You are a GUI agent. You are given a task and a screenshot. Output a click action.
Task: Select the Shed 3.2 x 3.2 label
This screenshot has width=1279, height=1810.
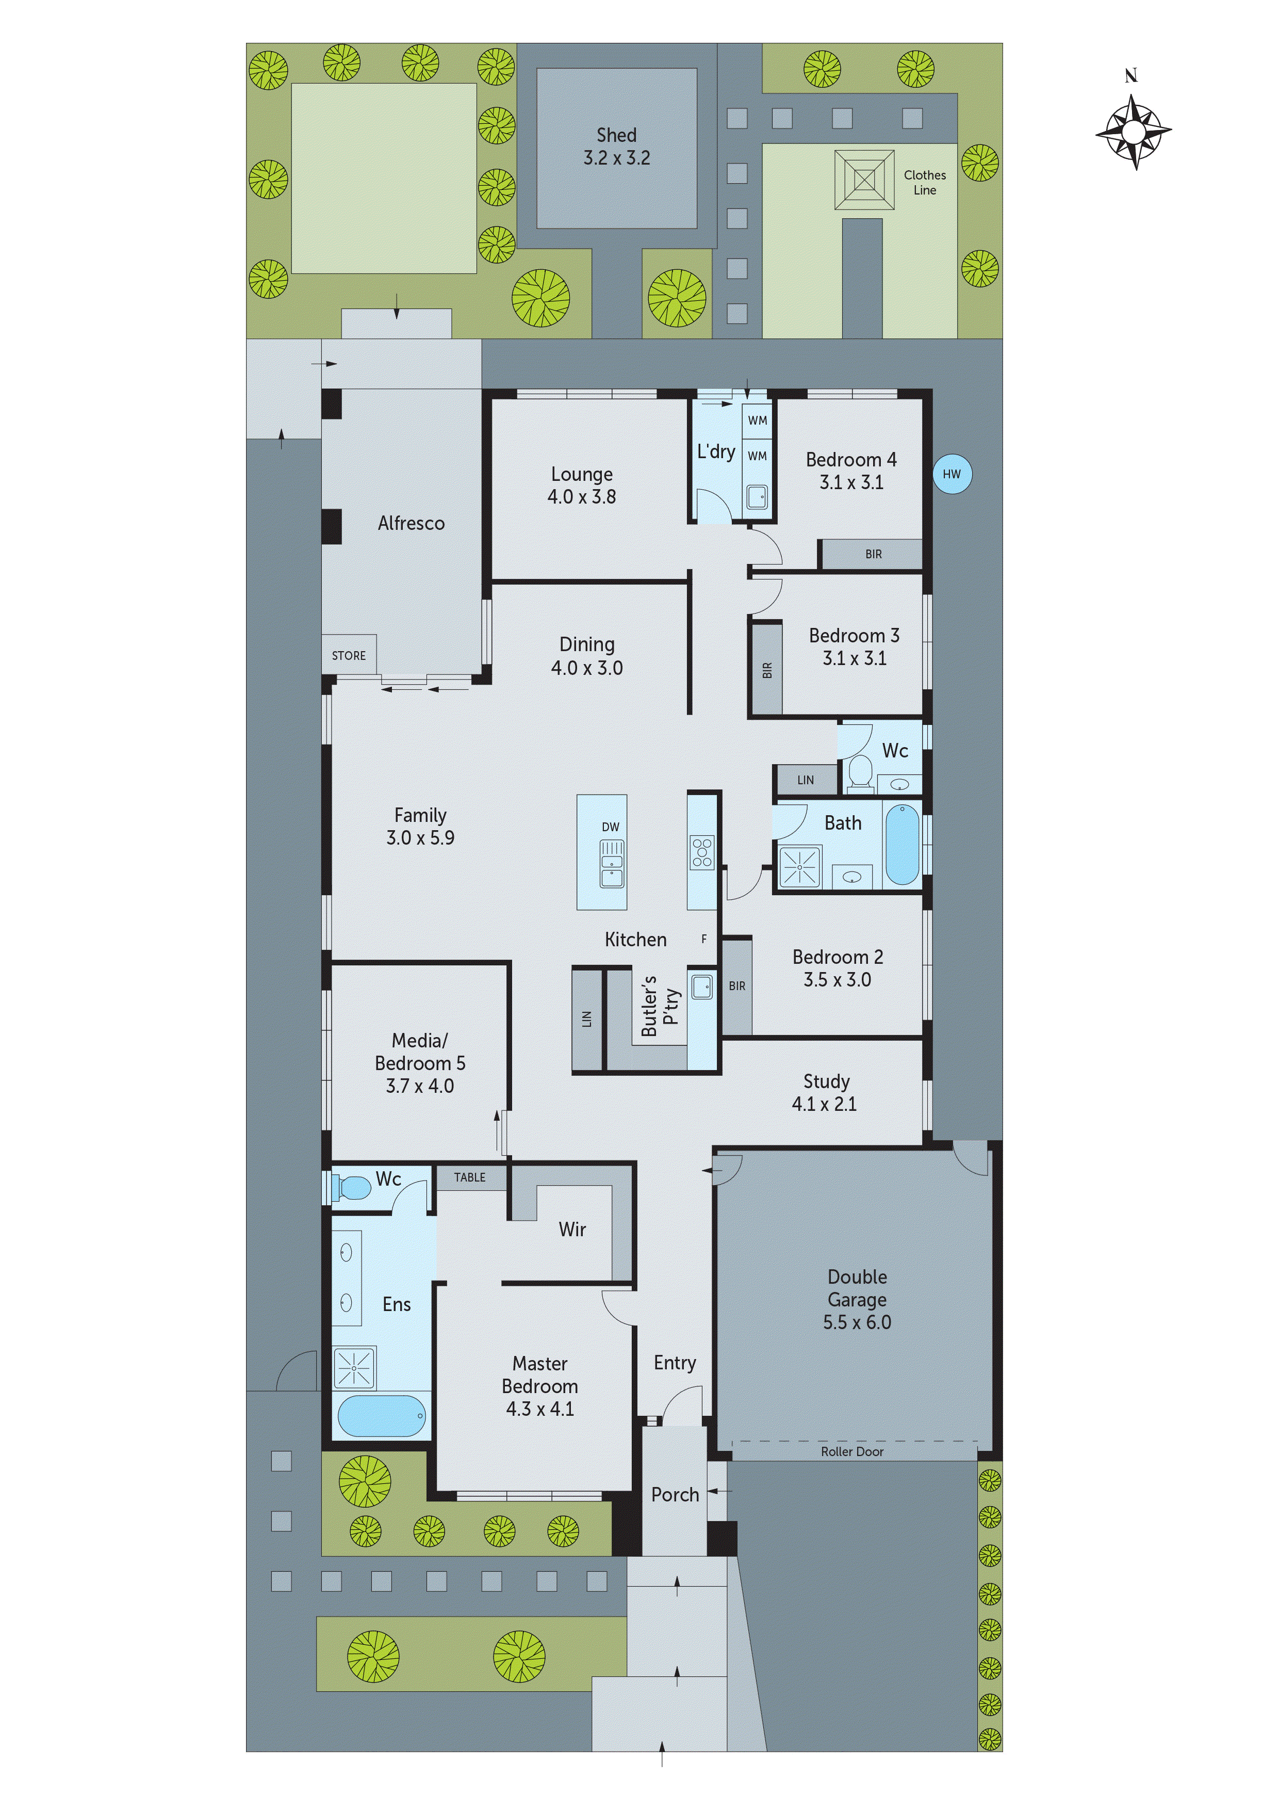[616, 147]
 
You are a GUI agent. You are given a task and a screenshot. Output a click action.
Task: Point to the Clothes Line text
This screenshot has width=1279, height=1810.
[924, 182]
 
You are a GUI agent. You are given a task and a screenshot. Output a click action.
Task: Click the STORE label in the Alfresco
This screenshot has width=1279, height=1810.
[348, 656]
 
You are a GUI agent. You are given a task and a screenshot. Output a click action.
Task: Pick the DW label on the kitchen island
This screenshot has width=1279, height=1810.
[610, 827]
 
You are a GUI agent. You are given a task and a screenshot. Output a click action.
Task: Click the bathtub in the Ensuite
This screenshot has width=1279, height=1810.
[382, 1416]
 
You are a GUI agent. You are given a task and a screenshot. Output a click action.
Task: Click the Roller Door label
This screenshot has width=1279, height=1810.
[852, 1451]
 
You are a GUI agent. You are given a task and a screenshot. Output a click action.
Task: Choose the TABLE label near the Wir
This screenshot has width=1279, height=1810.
[470, 1177]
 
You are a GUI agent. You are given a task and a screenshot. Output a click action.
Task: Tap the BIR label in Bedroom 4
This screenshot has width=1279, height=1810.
[873, 554]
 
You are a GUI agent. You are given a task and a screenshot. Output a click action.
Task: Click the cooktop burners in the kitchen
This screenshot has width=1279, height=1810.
[701, 852]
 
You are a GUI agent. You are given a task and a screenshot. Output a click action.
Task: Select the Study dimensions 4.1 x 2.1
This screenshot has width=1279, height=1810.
[824, 1104]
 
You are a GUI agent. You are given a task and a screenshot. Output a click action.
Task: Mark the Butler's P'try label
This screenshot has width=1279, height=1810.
[659, 1006]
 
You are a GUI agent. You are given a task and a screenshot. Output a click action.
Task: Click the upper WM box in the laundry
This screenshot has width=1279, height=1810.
[757, 420]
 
